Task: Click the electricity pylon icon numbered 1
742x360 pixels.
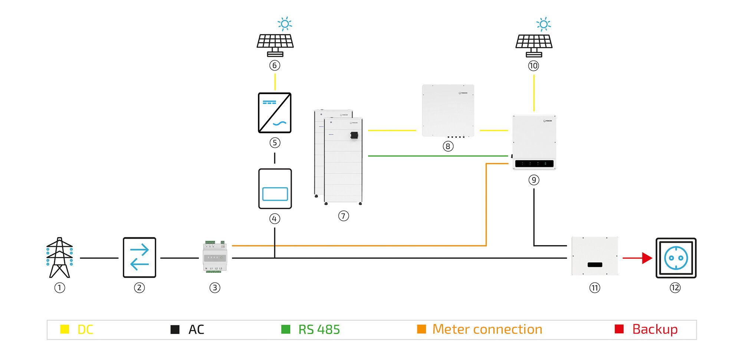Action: [59, 257]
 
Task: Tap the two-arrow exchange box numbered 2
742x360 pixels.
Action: [139, 257]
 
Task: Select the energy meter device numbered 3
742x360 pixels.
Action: [215, 257]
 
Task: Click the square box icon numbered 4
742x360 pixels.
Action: [275, 189]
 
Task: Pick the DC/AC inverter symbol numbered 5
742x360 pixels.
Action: [275, 113]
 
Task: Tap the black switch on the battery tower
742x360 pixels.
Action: [354, 135]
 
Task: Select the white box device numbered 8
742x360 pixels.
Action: [448, 110]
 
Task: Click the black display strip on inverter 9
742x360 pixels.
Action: [534, 164]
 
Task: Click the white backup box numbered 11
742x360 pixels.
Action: [595, 256]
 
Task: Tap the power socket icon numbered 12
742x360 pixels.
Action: [676, 258]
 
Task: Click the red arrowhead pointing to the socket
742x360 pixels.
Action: [647, 258]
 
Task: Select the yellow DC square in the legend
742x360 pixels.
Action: [65, 329]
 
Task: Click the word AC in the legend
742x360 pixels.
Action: [196, 329]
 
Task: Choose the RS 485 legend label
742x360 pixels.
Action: [319, 329]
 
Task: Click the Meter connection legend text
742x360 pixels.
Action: [487, 329]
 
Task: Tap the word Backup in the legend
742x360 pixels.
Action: [655, 329]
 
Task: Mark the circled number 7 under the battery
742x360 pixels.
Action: [344, 216]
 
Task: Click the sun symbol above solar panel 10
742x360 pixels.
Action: [544, 24]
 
